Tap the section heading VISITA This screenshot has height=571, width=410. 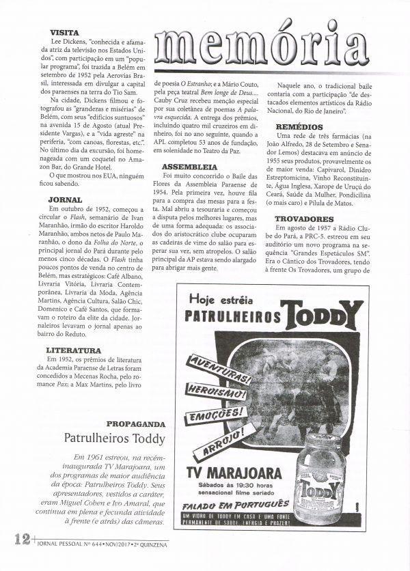(x=64, y=32)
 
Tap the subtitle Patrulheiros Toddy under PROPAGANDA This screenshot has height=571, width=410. (x=113, y=438)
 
